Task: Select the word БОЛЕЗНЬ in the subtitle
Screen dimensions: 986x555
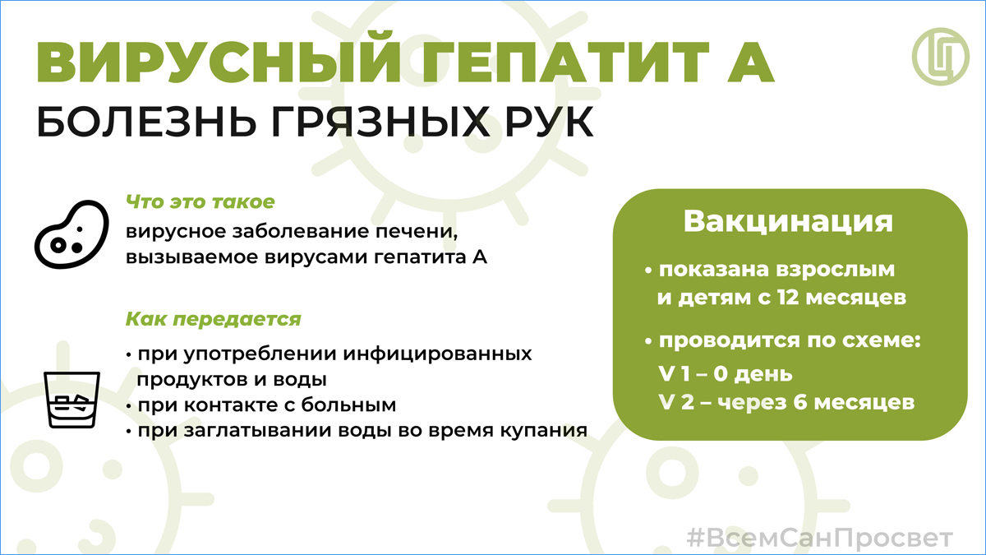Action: (146, 122)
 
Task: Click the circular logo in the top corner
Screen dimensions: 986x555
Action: (940, 57)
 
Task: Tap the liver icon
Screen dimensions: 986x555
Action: (71, 234)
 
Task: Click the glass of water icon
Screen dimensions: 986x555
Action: (71, 400)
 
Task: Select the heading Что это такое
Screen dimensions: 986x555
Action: (200, 202)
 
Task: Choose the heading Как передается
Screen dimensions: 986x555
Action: (214, 319)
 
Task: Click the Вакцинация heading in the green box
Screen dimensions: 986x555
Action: (788, 221)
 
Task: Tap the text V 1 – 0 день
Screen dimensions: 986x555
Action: (726, 374)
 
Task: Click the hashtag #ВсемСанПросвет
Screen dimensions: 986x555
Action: (820, 538)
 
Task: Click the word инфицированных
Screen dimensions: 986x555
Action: (437, 354)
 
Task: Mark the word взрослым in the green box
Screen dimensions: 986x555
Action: (835, 270)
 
